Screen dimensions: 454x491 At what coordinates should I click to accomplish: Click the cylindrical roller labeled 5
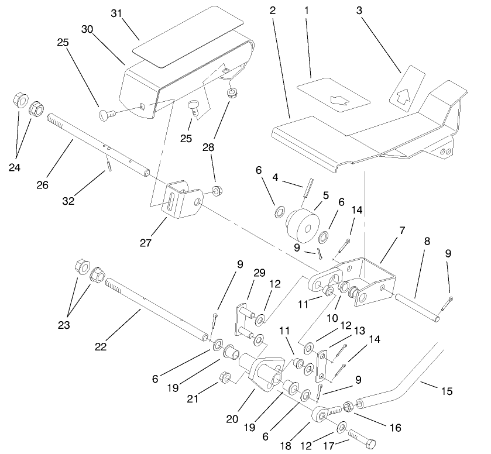[x=303, y=225]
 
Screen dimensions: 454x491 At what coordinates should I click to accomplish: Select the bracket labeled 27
[x=178, y=199]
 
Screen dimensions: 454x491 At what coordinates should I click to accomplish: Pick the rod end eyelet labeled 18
[x=319, y=416]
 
